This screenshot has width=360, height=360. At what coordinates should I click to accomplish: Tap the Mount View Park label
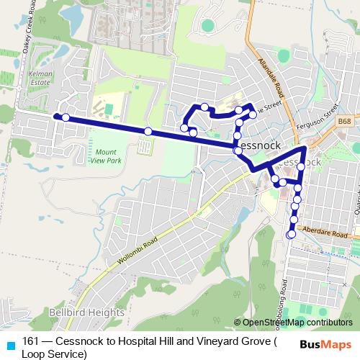click(105, 156)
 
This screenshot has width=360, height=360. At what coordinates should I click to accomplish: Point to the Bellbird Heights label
click(87, 312)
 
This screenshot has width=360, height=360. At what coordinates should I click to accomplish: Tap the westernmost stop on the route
click(55, 116)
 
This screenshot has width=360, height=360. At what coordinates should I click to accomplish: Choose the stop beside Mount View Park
click(148, 131)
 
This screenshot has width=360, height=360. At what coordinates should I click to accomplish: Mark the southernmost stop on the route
click(291, 235)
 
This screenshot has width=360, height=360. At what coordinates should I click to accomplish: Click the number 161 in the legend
click(31, 341)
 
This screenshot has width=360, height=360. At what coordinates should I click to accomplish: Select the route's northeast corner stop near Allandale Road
click(253, 114)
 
